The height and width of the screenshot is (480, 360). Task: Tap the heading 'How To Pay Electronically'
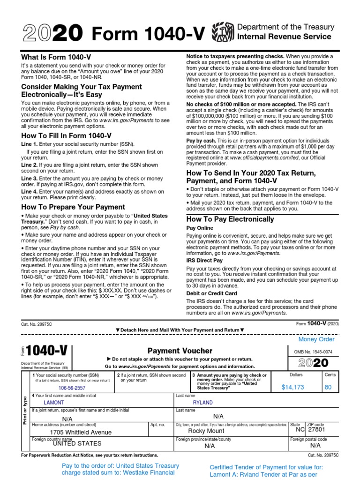(x=230, y=219)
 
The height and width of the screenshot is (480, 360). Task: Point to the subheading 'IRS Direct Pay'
(x=204, y=260)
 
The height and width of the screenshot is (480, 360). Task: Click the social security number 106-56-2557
(x=72, y=389)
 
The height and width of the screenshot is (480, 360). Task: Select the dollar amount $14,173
(x=293, y=387)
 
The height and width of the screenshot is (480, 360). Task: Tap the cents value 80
(x=328, y=387)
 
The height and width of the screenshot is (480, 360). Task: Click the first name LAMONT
(x=53, y=402)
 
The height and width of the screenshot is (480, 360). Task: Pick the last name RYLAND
(x=202, y=402)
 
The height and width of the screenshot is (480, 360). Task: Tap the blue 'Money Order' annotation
(x=317, y=339)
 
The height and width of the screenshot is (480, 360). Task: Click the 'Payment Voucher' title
(x=180, y=351)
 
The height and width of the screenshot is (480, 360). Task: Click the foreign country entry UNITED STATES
(x=76, y=443)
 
